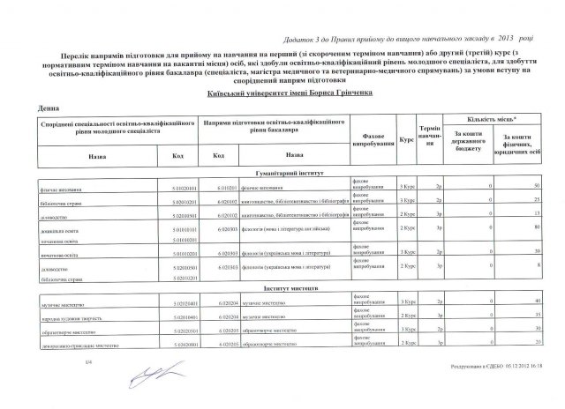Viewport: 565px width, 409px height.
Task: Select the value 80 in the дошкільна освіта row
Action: point(537,228)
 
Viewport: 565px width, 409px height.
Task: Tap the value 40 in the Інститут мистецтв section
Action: point(537,301)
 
